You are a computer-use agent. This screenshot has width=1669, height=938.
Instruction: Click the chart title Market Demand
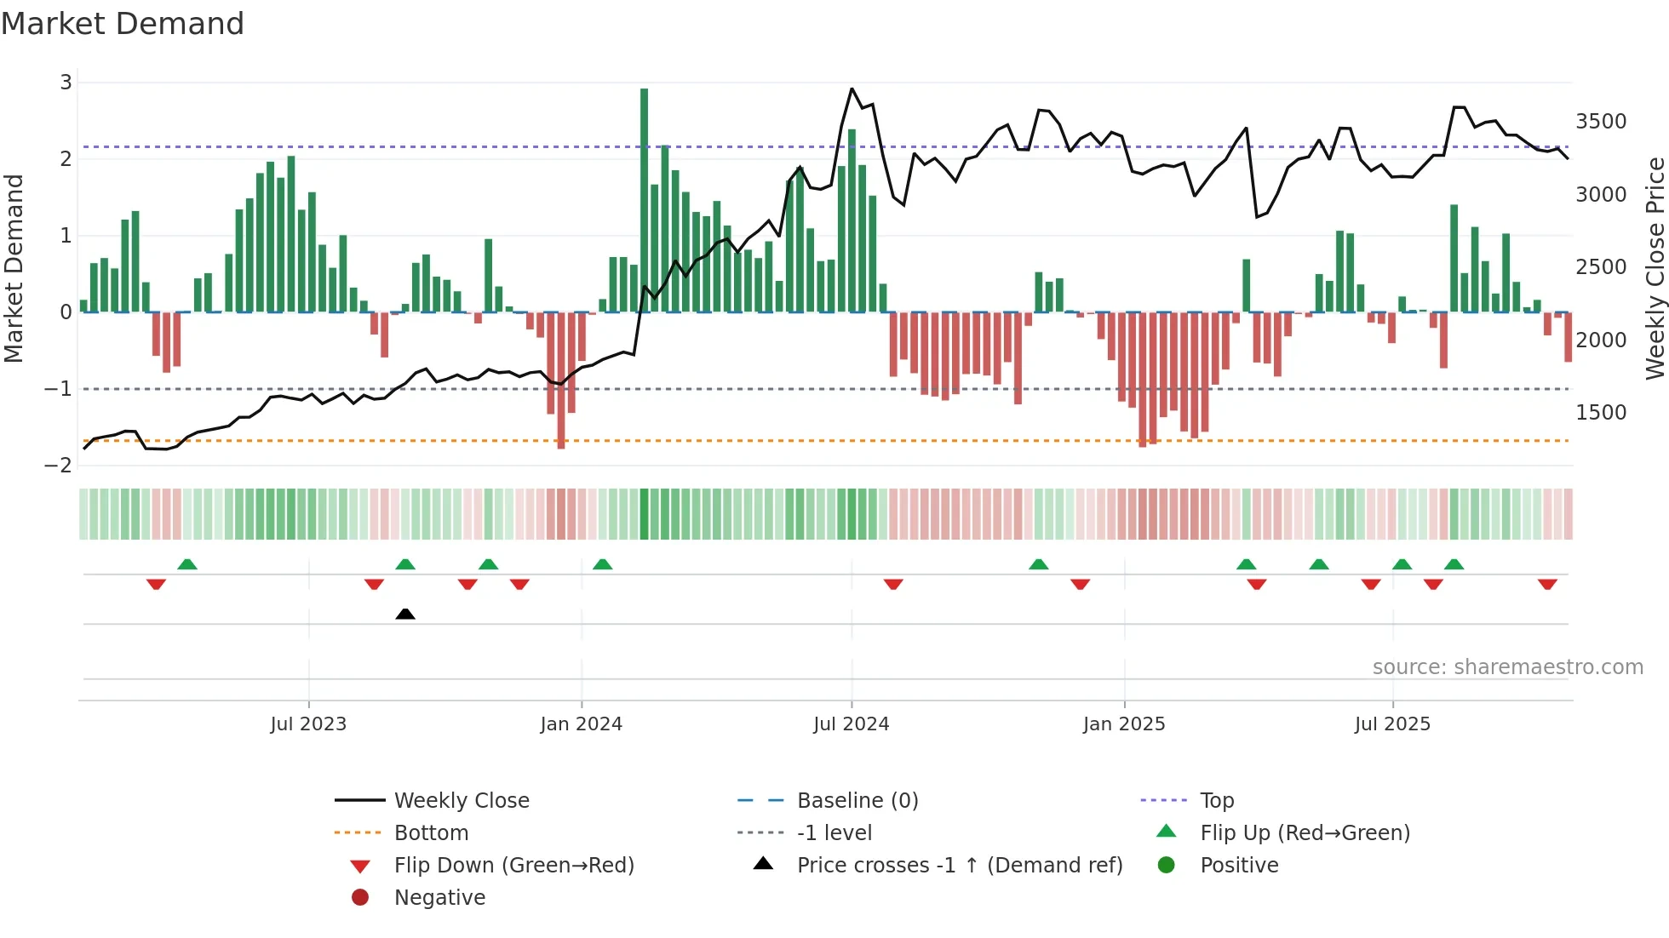point(123,23)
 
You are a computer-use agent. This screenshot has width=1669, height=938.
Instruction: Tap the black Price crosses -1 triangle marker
point(405,614)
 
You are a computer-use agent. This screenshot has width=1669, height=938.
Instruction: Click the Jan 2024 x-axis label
point(582,724)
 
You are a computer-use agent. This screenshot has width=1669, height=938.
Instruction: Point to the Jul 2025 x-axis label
point(1393,724)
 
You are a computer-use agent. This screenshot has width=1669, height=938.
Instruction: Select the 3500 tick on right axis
point(1601,122)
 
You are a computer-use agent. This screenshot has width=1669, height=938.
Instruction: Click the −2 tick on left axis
point(58,466)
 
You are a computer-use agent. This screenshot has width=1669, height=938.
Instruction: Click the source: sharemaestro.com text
point(1507,667)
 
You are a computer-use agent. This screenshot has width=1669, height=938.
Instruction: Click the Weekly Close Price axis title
point(1655,268)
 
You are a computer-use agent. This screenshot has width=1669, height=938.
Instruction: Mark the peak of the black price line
point(852,89)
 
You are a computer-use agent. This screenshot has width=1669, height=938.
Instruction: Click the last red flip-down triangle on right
point(1547,584)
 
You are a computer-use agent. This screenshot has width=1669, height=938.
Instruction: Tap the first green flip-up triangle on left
point(187,564)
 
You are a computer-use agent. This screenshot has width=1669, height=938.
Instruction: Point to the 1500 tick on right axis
point(1601,413)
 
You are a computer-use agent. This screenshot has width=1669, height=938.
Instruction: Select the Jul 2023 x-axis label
point(308,724)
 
